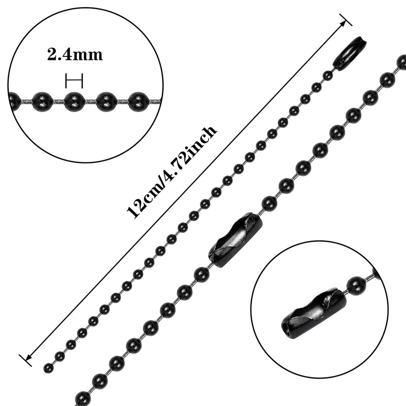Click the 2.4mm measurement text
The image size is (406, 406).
[x=75, y=54]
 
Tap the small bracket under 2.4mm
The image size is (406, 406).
[x=74, y=81]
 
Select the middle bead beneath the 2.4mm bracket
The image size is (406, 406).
[x=74, y=101]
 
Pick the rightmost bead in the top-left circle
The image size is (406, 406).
[x=138, y=101]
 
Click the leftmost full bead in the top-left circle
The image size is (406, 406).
[x=42, y=101]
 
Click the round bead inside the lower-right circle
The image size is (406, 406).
[x=357, y=285]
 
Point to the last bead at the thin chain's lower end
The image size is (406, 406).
[x=49, y=367]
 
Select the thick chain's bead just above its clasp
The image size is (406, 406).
[x=269, y=204]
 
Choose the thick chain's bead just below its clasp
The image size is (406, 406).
[x=201, y=275]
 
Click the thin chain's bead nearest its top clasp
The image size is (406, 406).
[x=328, y=76]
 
